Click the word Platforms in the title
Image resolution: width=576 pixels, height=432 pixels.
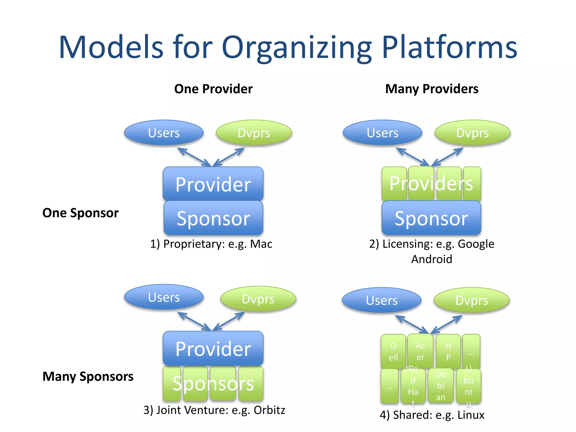449,47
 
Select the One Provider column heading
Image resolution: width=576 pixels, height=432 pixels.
213,89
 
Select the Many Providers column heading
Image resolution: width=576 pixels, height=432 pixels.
431,89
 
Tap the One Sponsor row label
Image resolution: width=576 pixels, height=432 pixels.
80,213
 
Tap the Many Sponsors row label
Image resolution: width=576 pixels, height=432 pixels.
88,376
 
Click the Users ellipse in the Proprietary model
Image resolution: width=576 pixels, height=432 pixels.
164,133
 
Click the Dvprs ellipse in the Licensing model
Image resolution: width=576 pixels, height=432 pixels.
472,133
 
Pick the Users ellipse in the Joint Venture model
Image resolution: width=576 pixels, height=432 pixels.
164,297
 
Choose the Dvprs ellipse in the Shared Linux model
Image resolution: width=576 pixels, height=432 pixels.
471,300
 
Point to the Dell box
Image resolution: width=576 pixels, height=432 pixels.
393,352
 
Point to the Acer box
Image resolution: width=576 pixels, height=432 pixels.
420,351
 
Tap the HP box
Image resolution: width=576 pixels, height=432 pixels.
448,352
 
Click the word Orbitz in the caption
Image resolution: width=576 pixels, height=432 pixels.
269,410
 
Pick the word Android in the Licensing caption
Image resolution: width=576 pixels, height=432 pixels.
431,259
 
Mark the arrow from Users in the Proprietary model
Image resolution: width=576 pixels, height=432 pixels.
194,157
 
